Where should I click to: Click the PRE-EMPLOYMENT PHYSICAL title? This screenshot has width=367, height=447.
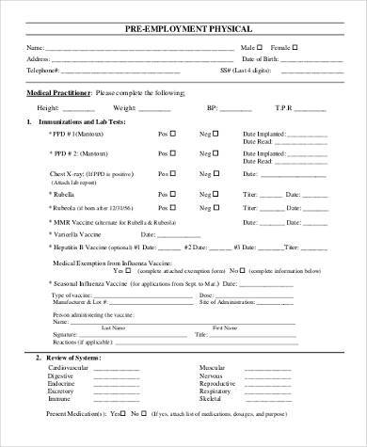point(183,29)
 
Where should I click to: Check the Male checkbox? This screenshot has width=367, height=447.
point(265,46)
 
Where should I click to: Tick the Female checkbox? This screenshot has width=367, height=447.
point(296,46)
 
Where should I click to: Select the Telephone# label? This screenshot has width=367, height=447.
point(40,71)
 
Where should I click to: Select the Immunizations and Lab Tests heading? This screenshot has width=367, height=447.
point(80,122)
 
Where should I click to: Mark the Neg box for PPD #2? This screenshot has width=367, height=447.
point(215,153)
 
